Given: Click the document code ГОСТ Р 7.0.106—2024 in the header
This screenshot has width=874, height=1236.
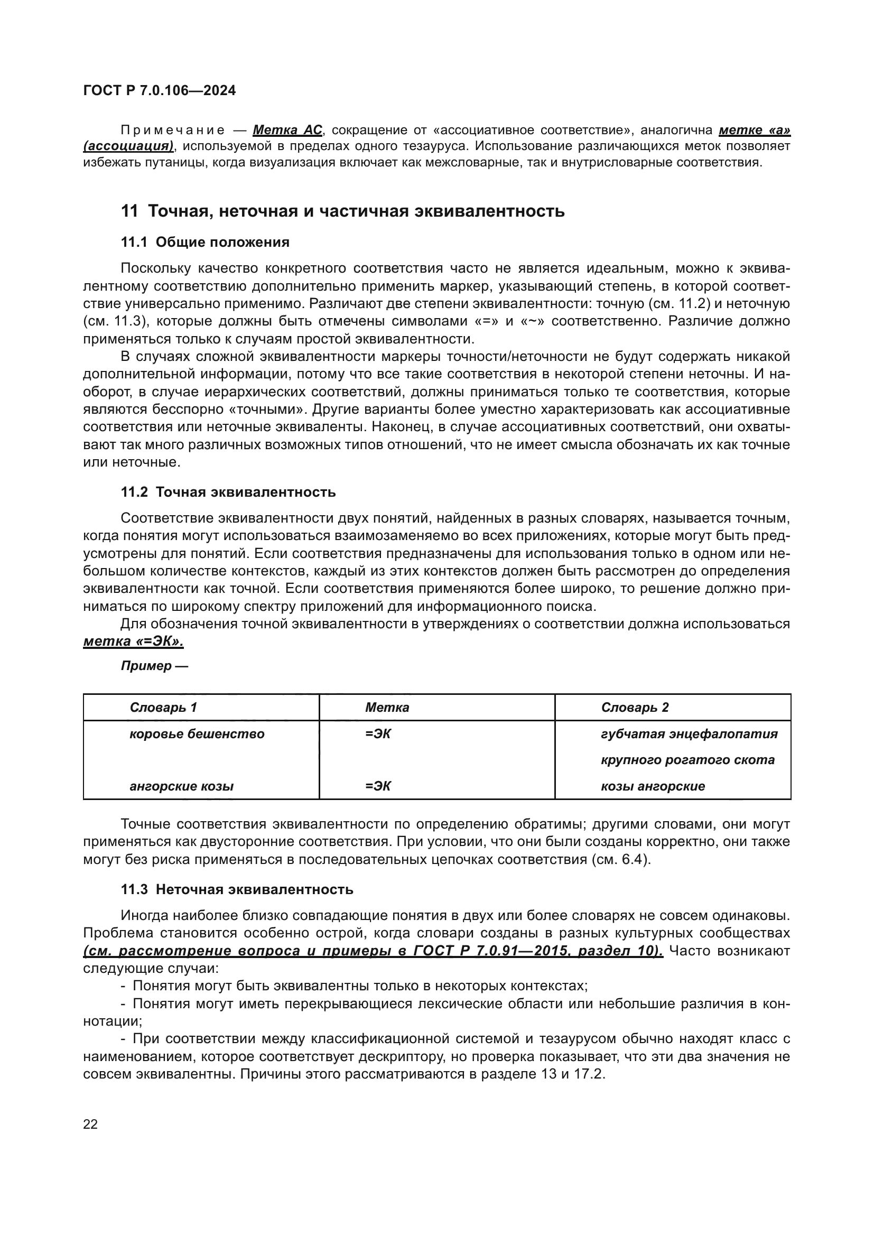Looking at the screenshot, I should point(159,90).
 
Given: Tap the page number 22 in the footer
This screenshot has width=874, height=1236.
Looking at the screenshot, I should point(90,1124).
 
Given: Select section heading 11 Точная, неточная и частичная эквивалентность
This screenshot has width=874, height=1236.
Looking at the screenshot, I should point(342,211).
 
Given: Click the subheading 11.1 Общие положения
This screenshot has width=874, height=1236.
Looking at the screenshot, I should point(204,242).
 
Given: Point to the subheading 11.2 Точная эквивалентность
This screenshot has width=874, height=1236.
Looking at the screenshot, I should point(228,492).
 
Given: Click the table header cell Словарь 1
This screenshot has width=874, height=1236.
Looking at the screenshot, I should point(163,708).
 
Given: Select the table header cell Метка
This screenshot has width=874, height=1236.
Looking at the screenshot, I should point(387,708).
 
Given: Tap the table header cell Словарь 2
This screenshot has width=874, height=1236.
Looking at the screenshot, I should point(635,708).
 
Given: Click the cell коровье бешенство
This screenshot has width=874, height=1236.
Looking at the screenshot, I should point(197,734).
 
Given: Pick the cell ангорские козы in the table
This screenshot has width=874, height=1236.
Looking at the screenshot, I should point(181,786).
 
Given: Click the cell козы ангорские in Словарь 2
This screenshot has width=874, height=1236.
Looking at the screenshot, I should point(652,786).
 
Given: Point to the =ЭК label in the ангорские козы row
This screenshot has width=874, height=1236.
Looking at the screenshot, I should point(378,786).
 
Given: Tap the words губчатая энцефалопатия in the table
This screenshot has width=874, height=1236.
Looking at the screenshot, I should point(689,734).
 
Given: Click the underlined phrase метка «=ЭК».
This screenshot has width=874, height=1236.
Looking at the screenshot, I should point(134,641).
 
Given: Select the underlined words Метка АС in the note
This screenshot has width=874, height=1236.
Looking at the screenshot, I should point(287,130).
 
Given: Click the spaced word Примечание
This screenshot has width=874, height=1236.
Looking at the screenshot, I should point(173,130).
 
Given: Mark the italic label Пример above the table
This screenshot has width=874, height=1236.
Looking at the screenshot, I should point(146,666).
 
